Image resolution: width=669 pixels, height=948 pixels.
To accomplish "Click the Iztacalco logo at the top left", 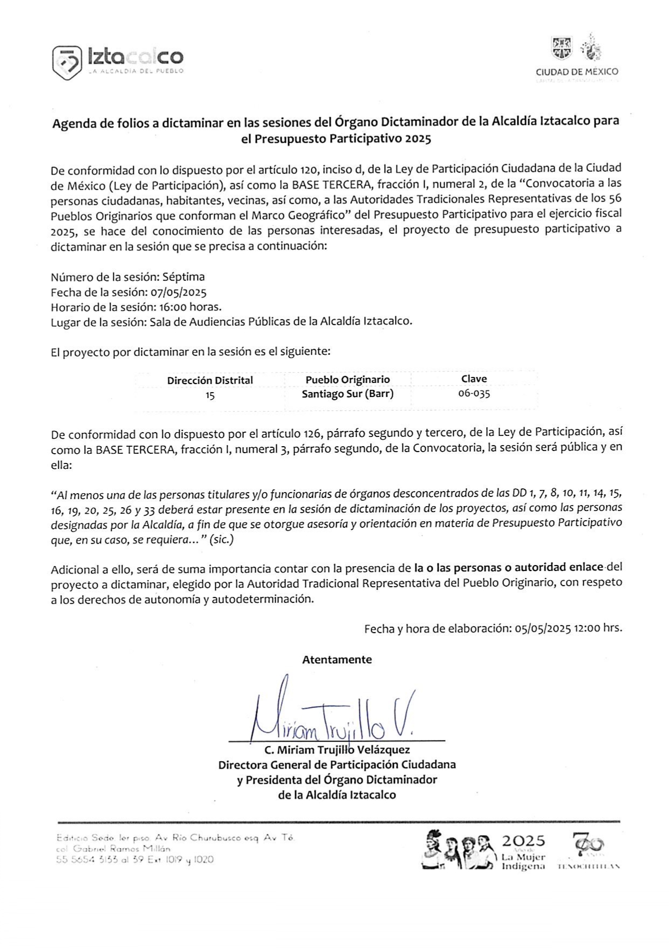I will (118, 62).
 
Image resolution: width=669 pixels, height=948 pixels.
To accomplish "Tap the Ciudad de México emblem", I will (576, 49).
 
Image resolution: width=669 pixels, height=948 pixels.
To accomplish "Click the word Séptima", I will (185, 277).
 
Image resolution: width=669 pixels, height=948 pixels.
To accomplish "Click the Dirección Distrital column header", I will (210, 380).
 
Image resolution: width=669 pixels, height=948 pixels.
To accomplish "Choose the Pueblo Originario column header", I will (347, 379).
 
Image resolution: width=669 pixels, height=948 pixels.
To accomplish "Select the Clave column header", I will (474, 379).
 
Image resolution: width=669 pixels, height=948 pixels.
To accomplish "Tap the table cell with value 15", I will (210, 395).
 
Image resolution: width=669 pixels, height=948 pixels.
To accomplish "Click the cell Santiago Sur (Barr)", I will (347, 394).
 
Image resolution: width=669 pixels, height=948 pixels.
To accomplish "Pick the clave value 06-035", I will (474, 393).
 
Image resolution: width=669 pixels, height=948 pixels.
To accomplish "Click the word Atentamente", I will (337, 660).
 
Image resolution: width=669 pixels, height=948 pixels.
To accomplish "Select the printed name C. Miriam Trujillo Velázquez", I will (337, 750).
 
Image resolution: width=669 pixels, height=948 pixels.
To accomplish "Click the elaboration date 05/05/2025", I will (543, 629).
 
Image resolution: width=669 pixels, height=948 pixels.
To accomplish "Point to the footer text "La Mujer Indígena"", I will (523, 862).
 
